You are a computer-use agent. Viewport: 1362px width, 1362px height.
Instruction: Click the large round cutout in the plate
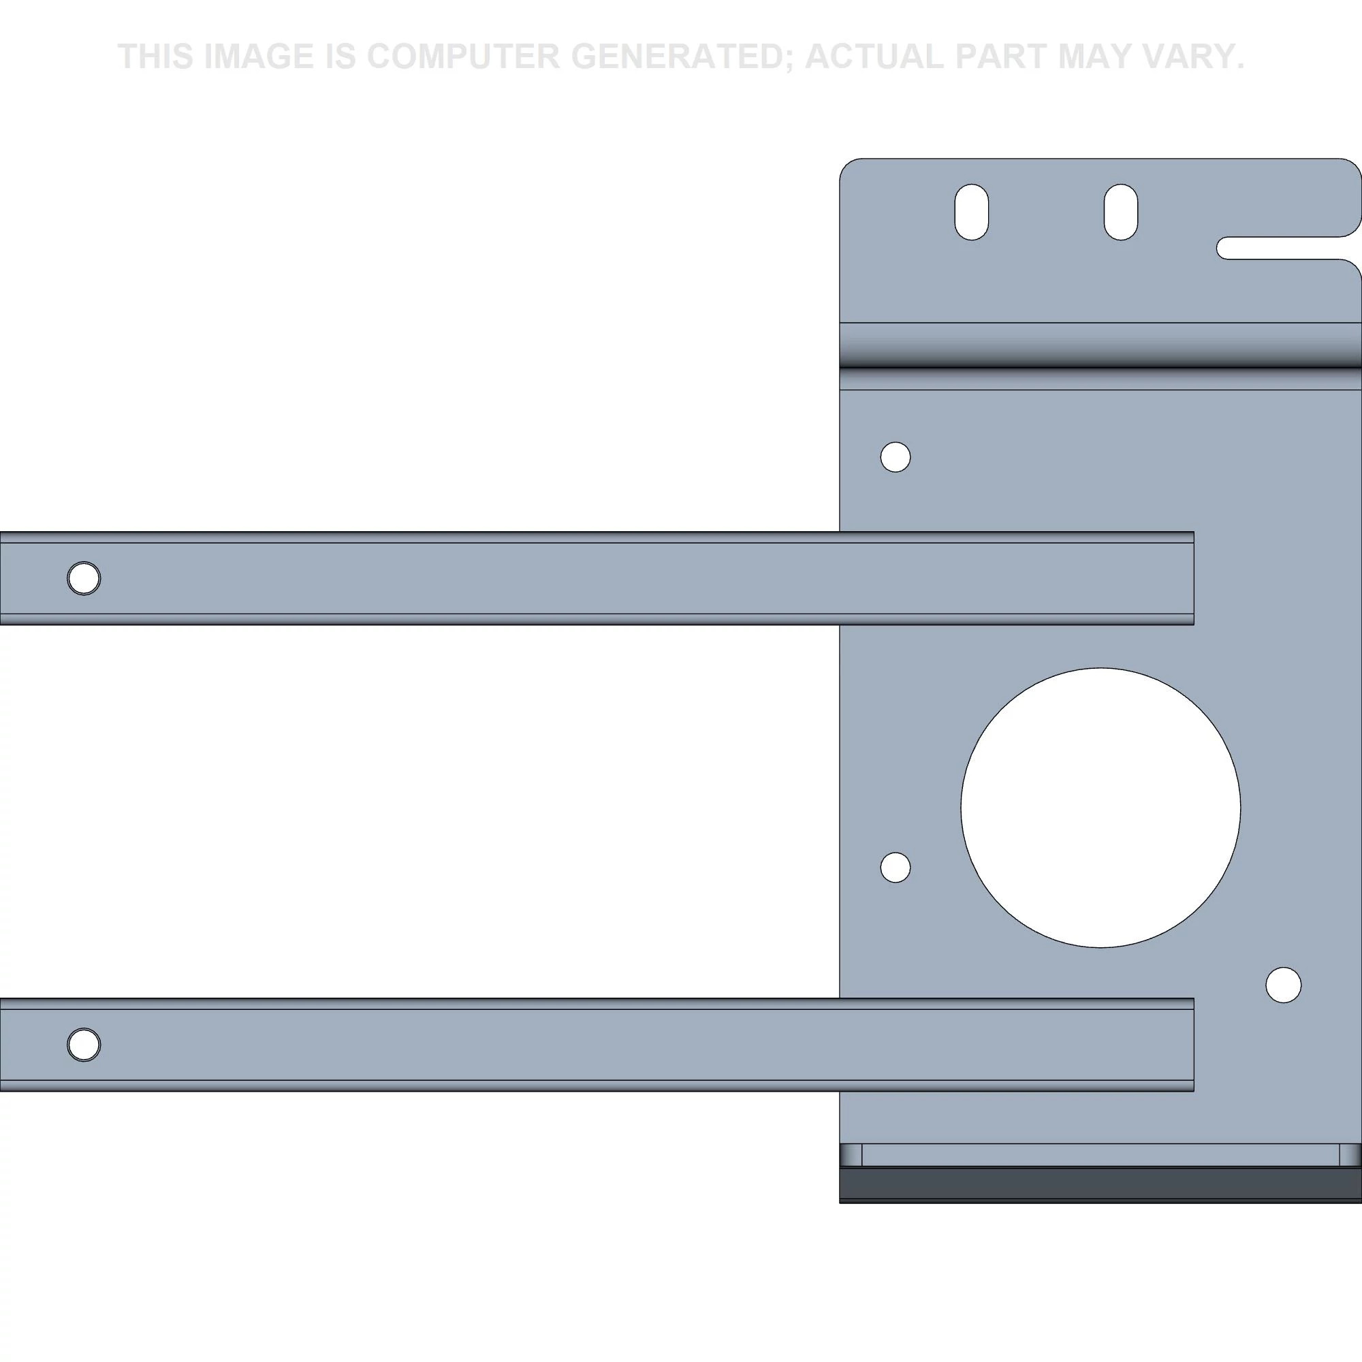(x=1100, y=808)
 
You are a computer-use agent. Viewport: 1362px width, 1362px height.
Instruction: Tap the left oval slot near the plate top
(x=972, y=212)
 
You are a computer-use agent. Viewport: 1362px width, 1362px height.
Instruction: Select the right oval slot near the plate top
(x=1120, y=212)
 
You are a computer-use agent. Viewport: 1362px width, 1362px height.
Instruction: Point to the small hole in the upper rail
(x=84, y=579)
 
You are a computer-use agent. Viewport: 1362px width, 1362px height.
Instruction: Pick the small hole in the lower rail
(x=84, y=1045)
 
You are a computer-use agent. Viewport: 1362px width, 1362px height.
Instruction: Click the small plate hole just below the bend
(x=896, y=457)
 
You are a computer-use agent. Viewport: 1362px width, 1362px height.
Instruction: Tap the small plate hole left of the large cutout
(x=896, y=867)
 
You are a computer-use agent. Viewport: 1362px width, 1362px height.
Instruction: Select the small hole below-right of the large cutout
(x=1283, y=985)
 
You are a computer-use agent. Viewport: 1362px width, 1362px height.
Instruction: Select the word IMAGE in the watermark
(x=258, y=57)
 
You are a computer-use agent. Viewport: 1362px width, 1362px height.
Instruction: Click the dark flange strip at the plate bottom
(x=1100, y=1184)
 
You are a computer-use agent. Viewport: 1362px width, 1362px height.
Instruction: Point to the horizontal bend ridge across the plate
(x=1100, y=356)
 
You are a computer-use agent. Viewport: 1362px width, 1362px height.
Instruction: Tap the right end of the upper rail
(x=1193, y=579)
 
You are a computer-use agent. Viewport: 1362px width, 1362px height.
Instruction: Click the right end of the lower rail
(x=1193, y=1045)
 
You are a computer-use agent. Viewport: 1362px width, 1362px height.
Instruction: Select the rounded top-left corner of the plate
(x=846, y=165)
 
